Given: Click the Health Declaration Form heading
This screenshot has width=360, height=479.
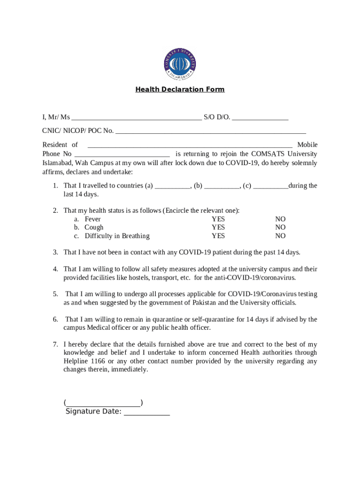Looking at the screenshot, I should pos(180,89).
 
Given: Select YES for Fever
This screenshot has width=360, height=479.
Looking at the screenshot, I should pos(218,219).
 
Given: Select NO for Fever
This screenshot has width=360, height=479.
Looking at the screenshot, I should pos(280,219).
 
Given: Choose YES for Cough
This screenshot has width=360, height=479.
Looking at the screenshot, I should pos(218,228).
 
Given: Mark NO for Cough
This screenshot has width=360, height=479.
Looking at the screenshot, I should pos(280,228).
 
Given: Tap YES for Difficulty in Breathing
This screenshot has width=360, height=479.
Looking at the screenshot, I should pos(218,236).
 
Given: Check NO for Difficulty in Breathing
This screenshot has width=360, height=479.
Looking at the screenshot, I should pos(280,236).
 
